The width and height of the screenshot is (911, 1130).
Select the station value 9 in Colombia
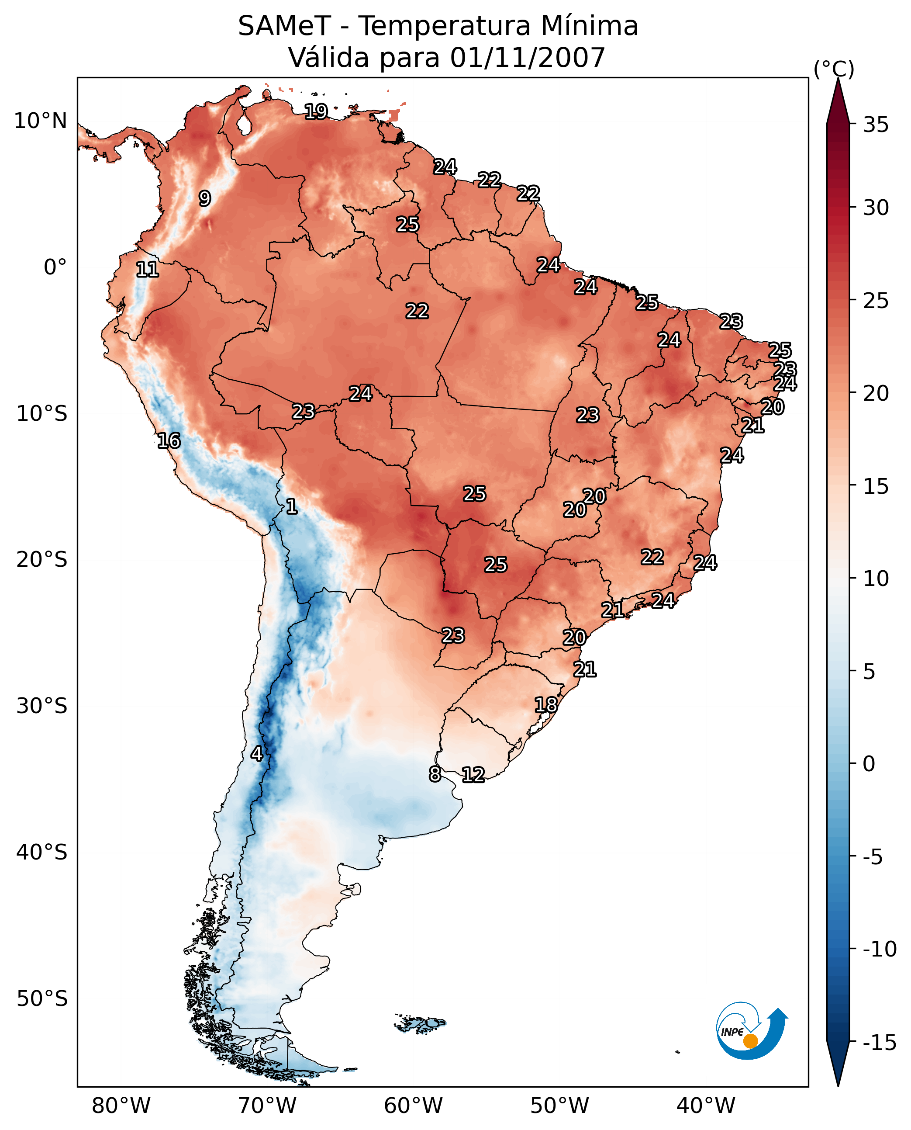(205, 198)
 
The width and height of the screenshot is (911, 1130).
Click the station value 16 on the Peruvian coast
(169, 440)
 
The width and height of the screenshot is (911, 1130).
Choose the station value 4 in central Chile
(257, 753)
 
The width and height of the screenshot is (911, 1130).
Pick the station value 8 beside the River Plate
(435, 774)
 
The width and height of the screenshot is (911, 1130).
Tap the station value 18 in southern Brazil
(546, 705)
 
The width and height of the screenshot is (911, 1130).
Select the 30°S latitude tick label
(42, 706)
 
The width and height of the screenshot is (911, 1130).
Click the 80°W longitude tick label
(121, 1106)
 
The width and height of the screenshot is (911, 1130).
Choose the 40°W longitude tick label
(706, 1106)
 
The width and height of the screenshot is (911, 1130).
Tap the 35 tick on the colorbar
(876, 125)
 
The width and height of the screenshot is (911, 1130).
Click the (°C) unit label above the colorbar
(834, 69)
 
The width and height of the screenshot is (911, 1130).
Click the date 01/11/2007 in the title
(528, 57)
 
